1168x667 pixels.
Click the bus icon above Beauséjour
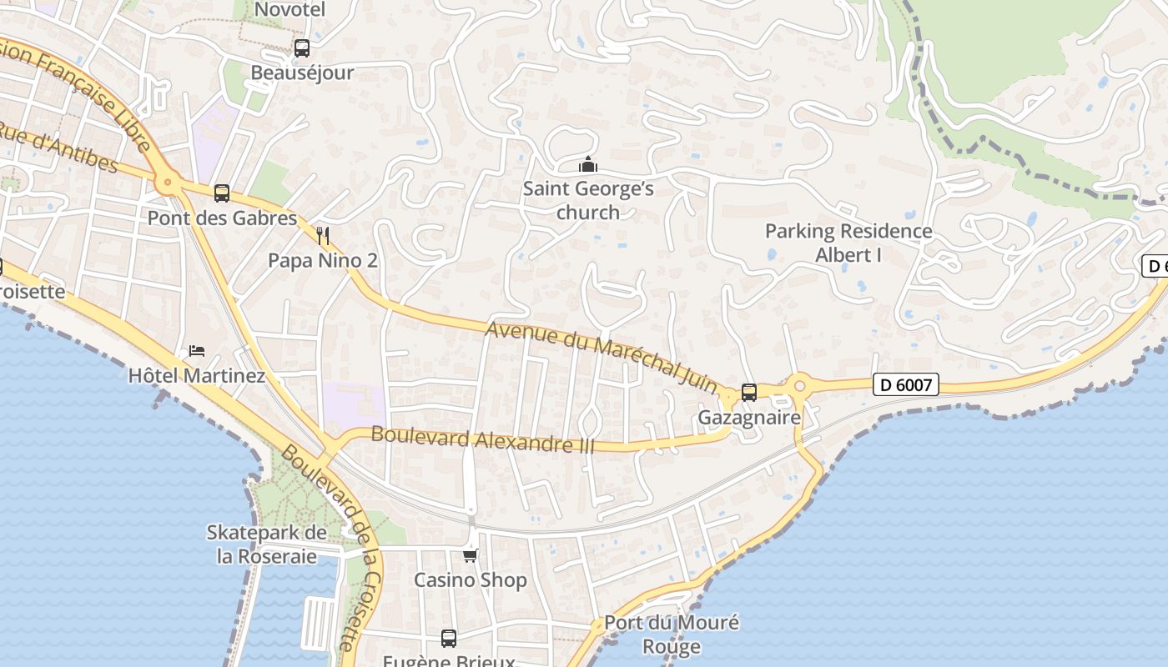[x=302, y=48]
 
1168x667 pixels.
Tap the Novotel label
[x=289, y=10]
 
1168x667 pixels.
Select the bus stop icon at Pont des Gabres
[x=222, y=193]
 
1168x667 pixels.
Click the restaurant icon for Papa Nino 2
[x=324, y=236]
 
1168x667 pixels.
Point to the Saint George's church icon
[x=588, y=164]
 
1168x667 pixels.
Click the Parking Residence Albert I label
[x=848, y=243]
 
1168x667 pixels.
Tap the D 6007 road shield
[x=906, y=384]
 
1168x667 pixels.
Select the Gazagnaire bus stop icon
[x=749, y=392]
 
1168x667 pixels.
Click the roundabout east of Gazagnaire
[x=800, y=385]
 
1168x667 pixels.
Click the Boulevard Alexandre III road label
[x=483, y=439]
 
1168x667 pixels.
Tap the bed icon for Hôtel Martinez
[x=197, y=350]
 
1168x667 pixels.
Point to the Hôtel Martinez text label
[x=197, y=376]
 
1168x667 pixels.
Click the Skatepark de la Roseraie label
[x=267, y=544]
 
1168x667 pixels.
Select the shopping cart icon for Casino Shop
[x=471, y=555]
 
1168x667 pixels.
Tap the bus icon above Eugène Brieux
[x=449, y=639]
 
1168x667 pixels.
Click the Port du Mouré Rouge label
[x=671, y=634]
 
